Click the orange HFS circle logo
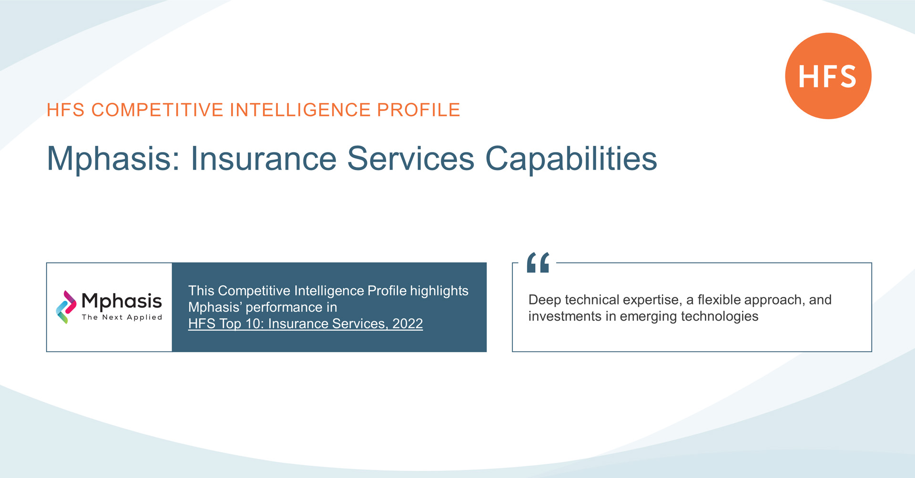[x=828, y=76]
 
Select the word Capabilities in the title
[x=571, y=159]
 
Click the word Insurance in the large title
[x=264, y=158]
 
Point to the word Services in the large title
[x=410, y=158]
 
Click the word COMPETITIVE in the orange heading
[x=157, y=110]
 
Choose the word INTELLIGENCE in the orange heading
[x=300, y=110]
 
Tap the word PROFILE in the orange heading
[x=418, y=110]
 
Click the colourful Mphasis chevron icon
[x=66, y=307]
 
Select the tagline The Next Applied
[x=122, y=317]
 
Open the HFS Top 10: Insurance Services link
[x=305, y=324]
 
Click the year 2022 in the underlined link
[x=407, y=324]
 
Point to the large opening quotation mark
[x=538, y=263]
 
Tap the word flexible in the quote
[x=719, y=300]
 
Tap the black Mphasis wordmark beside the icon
[x=122, y=302]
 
